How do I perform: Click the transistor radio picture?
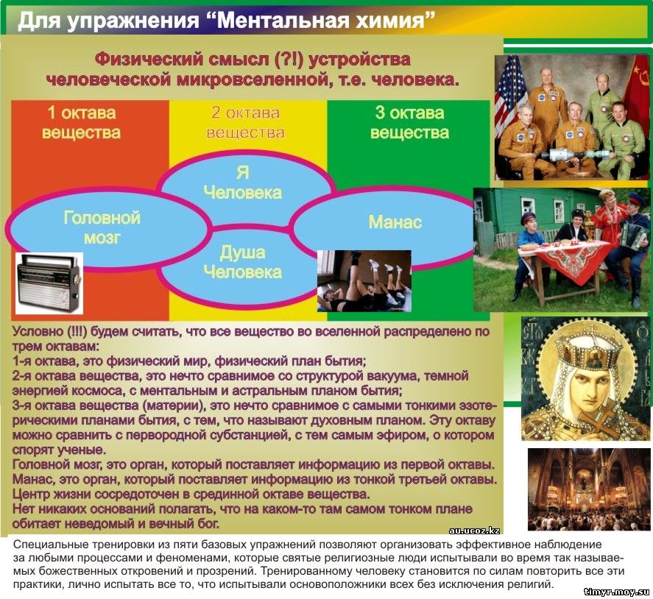[x=49, y=283]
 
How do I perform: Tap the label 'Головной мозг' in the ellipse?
[x=102, y=227]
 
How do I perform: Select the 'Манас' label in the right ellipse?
[x=395, y=222]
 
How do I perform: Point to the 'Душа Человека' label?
[x=242, y=262]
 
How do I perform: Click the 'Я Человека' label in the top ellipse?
[x=242, y=182]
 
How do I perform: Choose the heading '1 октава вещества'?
[x=81, y=123]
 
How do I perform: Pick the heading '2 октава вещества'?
[x=245, y=123]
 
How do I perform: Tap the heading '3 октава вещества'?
[x=410, y=123]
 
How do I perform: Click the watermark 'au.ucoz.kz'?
[x=474, y=531]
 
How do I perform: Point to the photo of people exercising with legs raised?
[x=364, y=281]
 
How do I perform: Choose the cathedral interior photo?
[x=589, y=489]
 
